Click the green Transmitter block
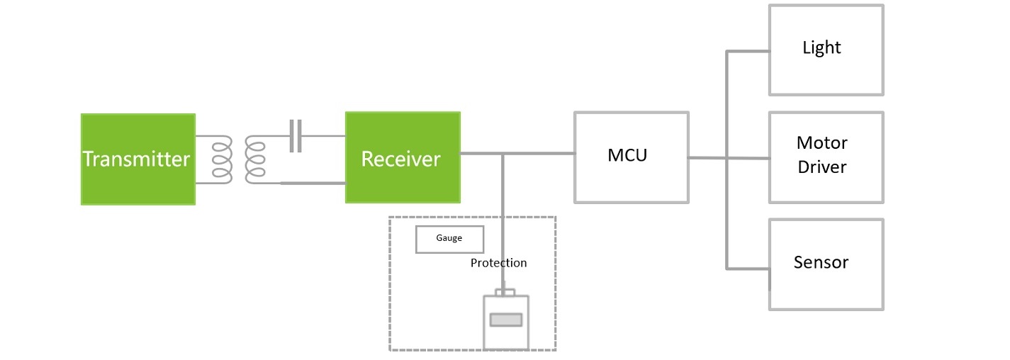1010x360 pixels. [138, 159]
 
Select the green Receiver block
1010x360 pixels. [403, 157]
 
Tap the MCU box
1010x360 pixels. [632, 157]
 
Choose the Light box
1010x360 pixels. [826, 50]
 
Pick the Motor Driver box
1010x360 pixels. [826, 157]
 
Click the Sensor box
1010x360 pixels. [826, 264]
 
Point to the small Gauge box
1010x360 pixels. [449, 240]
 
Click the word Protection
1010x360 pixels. [498, 263]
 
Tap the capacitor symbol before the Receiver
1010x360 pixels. [296, 135]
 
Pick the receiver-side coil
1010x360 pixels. [255, 159]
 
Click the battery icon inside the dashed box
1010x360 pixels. [506, 320]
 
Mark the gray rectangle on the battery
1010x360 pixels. [506, 320]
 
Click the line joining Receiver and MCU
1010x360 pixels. [517, 154]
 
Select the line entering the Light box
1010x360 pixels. [748, 51]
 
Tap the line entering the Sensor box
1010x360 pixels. [748, 269]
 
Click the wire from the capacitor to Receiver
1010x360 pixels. [323, 135]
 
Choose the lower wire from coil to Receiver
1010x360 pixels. [313, 183]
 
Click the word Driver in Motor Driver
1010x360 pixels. [822, 167]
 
